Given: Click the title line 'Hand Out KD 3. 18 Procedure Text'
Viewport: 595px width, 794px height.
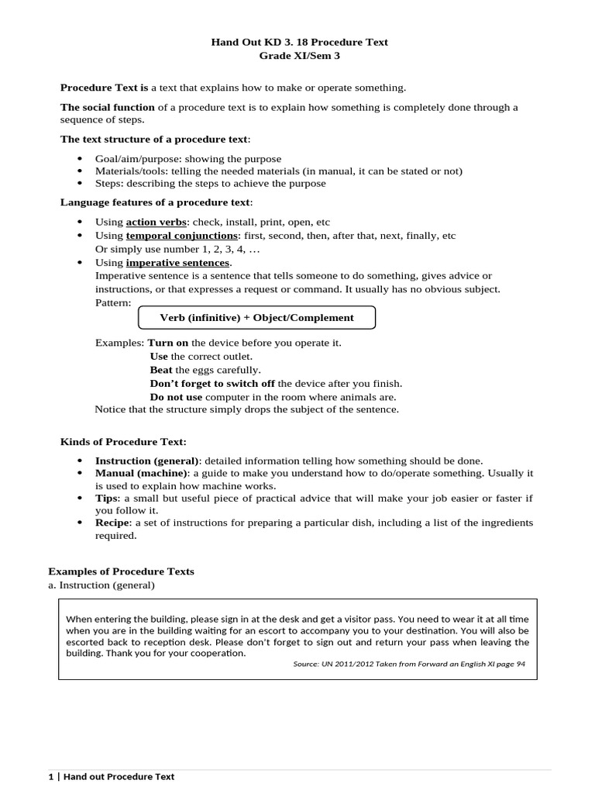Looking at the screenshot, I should [x=299, y=42].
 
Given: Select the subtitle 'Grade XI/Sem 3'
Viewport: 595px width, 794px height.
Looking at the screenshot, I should [x=299, y=56].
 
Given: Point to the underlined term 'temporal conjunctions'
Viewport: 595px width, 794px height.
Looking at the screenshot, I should [x=182, y=235].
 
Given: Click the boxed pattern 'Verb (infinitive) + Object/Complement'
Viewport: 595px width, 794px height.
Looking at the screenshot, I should [x=256, y=317].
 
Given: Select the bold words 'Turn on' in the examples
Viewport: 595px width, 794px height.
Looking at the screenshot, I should [x=168, y=343].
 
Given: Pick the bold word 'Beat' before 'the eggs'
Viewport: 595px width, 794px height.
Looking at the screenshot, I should [x=161, y=370].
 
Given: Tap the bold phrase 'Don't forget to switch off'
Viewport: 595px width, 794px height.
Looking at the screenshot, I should [x=212, y=383].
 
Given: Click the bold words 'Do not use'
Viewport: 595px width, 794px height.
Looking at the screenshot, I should [x=176, y=396].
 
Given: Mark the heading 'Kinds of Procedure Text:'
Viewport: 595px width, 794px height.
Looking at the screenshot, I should [x=123, y=442].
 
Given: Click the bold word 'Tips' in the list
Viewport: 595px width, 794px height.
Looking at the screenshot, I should [x=107, y=499].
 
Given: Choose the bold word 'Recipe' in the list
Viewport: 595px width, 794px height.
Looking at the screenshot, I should [x=113, y=523].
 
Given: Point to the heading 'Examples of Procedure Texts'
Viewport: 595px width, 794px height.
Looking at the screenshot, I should [x=121, y=571].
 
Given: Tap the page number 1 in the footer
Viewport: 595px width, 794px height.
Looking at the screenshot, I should [x=50, y=776].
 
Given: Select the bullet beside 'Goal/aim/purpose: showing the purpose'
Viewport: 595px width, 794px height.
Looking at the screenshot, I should [x=80, y=159].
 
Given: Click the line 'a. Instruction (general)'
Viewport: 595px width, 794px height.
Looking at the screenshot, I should [x=101, y=585].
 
